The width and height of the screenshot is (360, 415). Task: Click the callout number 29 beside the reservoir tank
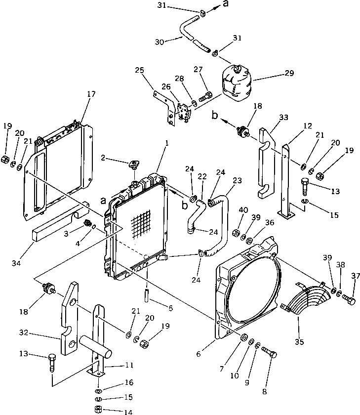(289, 73)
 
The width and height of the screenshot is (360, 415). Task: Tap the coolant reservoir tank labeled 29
(236, 82)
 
